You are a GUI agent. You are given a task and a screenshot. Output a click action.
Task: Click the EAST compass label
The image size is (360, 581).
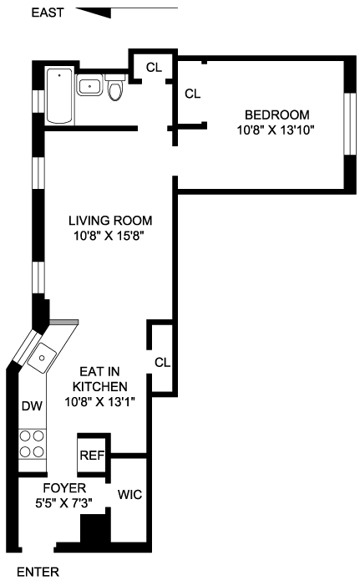(48, 13)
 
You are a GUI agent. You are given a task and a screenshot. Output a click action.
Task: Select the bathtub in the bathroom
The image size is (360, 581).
(59, 96)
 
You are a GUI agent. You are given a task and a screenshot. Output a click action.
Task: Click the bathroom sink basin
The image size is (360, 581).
(89, 85)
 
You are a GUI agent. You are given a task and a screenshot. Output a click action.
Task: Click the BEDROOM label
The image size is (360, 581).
(277, 115)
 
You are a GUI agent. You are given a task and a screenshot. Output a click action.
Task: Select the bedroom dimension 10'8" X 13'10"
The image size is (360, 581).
(276, 130)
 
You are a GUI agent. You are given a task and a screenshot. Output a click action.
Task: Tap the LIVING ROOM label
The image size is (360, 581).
(110, 221)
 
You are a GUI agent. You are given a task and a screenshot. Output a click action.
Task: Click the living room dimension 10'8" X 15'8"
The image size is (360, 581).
(109, 236)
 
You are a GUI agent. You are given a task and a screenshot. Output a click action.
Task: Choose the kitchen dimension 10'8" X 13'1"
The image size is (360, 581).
(100, 401)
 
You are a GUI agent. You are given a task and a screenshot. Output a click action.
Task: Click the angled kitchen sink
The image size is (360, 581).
(42, 358)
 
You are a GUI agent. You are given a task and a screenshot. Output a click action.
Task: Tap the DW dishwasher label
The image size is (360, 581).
(32, 406)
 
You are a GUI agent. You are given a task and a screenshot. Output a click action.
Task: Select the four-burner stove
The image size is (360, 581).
(32, 444)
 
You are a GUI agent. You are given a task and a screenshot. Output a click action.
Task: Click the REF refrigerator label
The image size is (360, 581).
(92, 455)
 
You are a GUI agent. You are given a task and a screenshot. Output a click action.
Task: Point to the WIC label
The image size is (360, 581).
(129, 494)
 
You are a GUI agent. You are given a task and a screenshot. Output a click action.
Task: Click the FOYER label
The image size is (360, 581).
(64, 488)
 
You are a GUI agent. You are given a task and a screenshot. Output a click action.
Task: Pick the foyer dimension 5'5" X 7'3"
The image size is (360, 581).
(63, 503)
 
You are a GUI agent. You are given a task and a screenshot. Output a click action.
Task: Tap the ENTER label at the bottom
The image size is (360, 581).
(38, 572)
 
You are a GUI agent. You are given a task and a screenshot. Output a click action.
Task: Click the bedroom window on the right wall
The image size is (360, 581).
(350, 124)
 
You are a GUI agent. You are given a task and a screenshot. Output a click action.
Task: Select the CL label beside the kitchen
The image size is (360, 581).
(162, 362)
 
